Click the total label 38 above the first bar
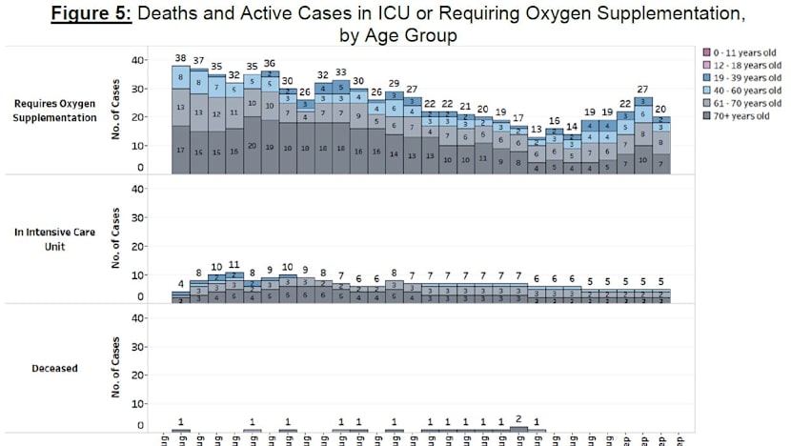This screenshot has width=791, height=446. pyautogui.click(x=180, y=58)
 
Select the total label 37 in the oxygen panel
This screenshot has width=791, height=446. pyautogui.click(x=198, y=61)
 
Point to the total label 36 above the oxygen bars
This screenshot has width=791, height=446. pyautogui.click(x=270, y=63)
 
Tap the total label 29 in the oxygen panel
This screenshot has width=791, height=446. pyautogui.click(x=394, y=84)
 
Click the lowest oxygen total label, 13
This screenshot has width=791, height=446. pyautogui.click(x=537, y=129)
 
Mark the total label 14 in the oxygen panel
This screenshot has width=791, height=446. pyautogui.click(x=572, y=127)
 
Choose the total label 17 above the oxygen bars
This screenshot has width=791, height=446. pyautogui.click(x=518, y=118)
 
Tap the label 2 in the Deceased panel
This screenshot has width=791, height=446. pyautogui.click(x=518, y=418)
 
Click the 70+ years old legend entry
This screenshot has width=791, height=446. pyautogui.click(x=736, y=117)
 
